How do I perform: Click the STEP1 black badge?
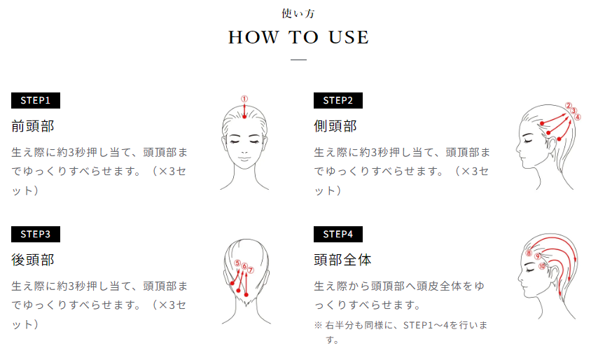click(36, 100)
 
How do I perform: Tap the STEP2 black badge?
click(338, 100)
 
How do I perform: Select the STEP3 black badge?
click(36, 234)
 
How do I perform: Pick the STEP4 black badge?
click(338, 234)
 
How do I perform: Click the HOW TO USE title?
click(298, 37)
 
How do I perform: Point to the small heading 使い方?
click(298, 13)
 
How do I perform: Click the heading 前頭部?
click(33, 126)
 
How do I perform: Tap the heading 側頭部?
click(335, 126)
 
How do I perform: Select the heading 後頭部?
click(33, 260)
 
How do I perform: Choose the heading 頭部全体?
click(342, 260)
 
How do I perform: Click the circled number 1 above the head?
click(244, 99)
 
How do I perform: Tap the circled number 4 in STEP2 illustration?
click(578, 117)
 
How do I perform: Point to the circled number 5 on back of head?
click(237, 263)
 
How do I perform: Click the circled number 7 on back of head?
click(251, 270)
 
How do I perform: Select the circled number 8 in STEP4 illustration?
click(529, 253)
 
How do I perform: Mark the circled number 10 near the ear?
click(542, 266)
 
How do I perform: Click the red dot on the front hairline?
click(244, 116)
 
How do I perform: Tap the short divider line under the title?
click(298, 60)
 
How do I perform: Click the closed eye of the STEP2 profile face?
click(528, 141)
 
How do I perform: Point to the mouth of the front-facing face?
click(244, 158)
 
